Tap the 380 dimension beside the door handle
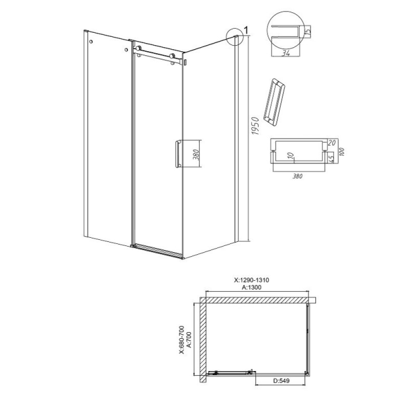197,155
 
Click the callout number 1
246,30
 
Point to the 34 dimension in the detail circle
286,53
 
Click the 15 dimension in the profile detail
308,32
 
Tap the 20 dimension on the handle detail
332,143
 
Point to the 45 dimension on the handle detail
331,159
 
